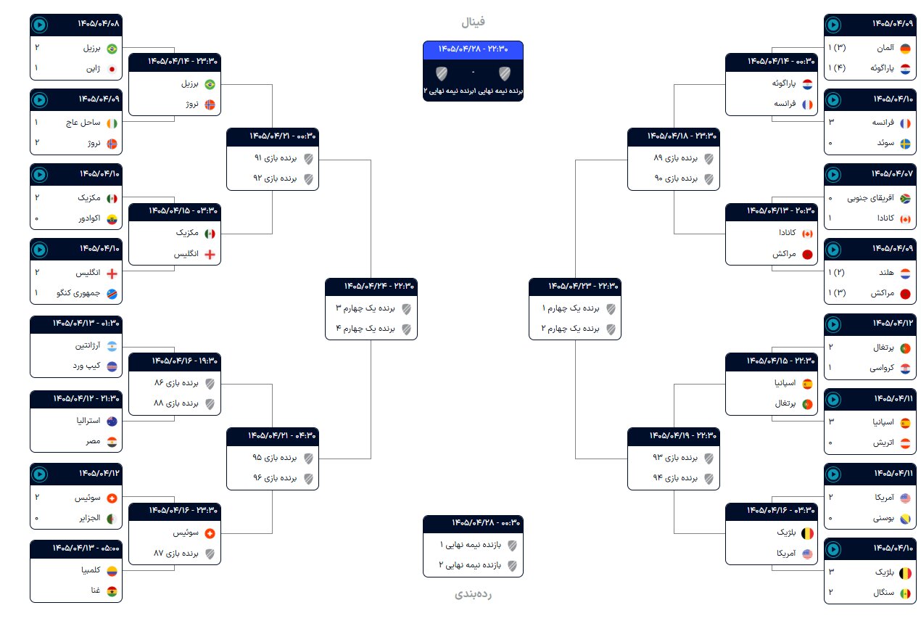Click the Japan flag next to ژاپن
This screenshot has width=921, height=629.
(x=112, y=69)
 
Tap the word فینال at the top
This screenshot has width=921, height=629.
(x=473, y=21)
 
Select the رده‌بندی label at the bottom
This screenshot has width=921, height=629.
(x=473, y=593)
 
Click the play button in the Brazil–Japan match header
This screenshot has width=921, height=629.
(x=40, y=25)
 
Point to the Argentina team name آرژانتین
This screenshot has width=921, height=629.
(x=88, y=345)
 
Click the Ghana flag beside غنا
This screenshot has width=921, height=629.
(x=112, y=591)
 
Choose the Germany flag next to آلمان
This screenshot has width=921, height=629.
(x=905, y=49)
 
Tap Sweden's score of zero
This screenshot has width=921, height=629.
(x=830, y=143)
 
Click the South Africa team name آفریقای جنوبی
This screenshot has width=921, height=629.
(x=870, y=198)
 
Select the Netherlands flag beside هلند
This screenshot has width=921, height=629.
(x=905, y=274)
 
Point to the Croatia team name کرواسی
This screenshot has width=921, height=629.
(x=882, y=368)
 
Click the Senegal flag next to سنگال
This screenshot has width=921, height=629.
(x=905, y=593)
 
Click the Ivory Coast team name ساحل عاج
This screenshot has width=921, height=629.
(x=83, y=123)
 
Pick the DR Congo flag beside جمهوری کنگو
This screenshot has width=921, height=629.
(x=112, y=294)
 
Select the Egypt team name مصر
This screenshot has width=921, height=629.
(x=93, y=441)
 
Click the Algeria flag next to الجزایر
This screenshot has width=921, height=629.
(x=112, y=518)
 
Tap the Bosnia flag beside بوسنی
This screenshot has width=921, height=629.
(x=905, y=518)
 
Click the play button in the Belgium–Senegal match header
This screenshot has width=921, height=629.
(x=833, y=549)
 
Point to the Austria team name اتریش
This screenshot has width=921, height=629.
(x=883, y=443)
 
